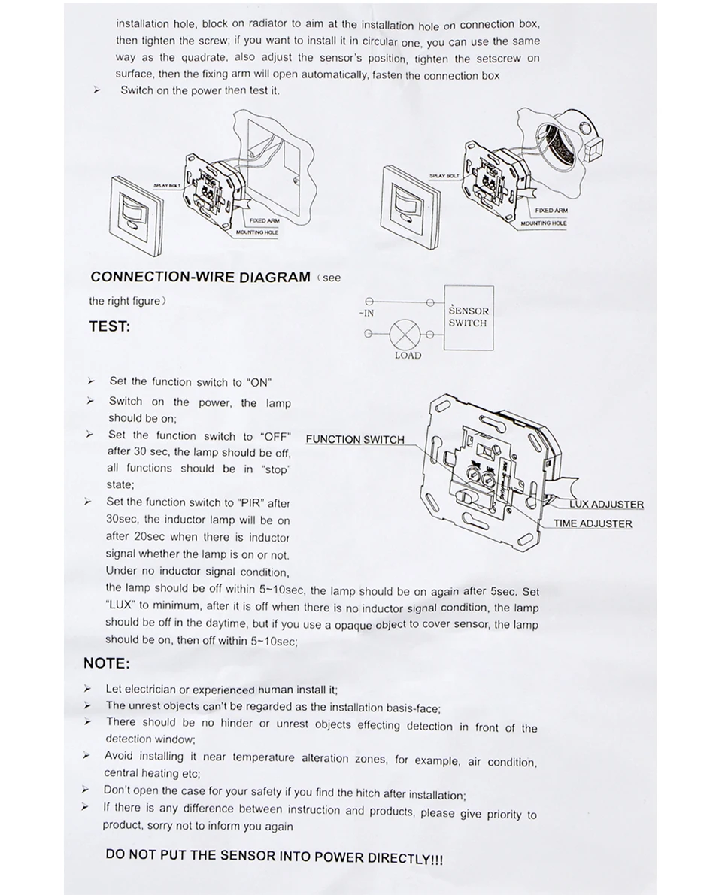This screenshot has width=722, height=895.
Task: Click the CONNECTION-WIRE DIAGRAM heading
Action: pos(200,277)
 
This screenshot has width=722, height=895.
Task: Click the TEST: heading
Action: pos(109,326)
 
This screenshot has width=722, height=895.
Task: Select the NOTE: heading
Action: pos(106,663)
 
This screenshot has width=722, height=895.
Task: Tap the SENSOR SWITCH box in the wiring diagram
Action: pos(468,317)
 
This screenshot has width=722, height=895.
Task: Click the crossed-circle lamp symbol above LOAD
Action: pos(407,332)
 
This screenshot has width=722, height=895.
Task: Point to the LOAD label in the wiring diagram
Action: pos(408,356)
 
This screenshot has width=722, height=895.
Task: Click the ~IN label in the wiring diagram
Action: pos(366,313)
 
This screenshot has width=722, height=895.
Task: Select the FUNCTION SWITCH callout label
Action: pos(355,440)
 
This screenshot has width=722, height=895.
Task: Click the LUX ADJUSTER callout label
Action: pos(606,505)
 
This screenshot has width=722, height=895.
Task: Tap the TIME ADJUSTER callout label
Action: pos(593,524)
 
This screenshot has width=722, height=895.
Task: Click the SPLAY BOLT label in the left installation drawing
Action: pos(167,184)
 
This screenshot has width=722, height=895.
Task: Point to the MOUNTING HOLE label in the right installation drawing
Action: pos(544,223)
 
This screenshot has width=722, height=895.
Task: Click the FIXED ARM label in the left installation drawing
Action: pos(264,220)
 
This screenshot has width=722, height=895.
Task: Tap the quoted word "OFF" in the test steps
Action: pos(275,436)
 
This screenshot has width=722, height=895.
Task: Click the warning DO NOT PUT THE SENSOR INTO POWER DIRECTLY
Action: pos(275,857)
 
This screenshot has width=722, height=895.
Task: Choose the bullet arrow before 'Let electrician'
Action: pos(88,689)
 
